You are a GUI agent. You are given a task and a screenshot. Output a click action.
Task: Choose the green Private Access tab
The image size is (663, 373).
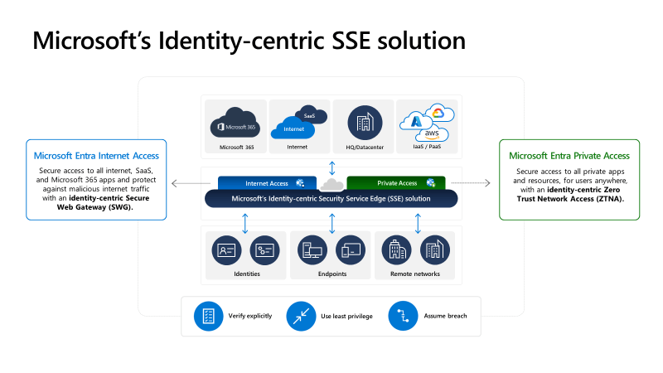(x=396, y=182)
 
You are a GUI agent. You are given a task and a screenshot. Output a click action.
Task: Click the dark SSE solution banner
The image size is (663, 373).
(x=331, y=199)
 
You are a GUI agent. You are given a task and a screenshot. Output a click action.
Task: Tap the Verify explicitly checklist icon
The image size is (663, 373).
(x=208, y=316)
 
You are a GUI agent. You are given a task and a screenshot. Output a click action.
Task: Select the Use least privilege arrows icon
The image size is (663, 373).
(x=301, y=316)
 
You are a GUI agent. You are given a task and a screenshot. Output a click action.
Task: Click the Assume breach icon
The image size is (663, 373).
(x=403, y=316)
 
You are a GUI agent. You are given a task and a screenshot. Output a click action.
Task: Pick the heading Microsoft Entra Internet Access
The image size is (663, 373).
(x=96, y=155)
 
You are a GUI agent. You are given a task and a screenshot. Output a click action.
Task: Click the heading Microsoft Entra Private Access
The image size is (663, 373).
(x=569, y=155)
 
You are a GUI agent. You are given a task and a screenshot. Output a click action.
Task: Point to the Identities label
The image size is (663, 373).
(x=247, y=274)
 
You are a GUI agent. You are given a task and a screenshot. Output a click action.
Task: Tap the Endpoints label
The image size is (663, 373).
(x=332, y=274)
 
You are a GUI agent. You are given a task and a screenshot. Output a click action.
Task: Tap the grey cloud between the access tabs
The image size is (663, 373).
(x=331, y=183)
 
